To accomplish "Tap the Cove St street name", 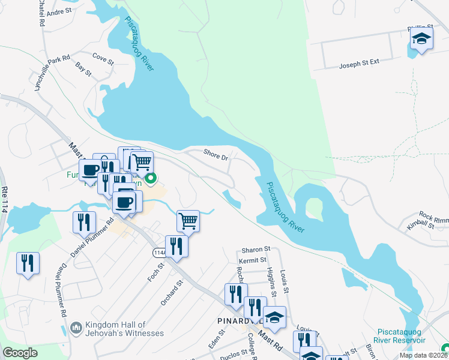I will point(103,58).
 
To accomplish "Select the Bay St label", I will point(83,70).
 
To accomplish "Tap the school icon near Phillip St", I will point(421,40).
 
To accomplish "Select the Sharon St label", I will point(256,249).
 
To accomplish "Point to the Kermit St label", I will point(252,260).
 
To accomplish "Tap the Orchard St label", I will point(171,292).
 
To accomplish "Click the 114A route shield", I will point(159,253).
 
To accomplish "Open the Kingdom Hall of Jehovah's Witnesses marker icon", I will point(76,328).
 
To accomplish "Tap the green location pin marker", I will point(151,178).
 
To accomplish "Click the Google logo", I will point(20,353).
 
